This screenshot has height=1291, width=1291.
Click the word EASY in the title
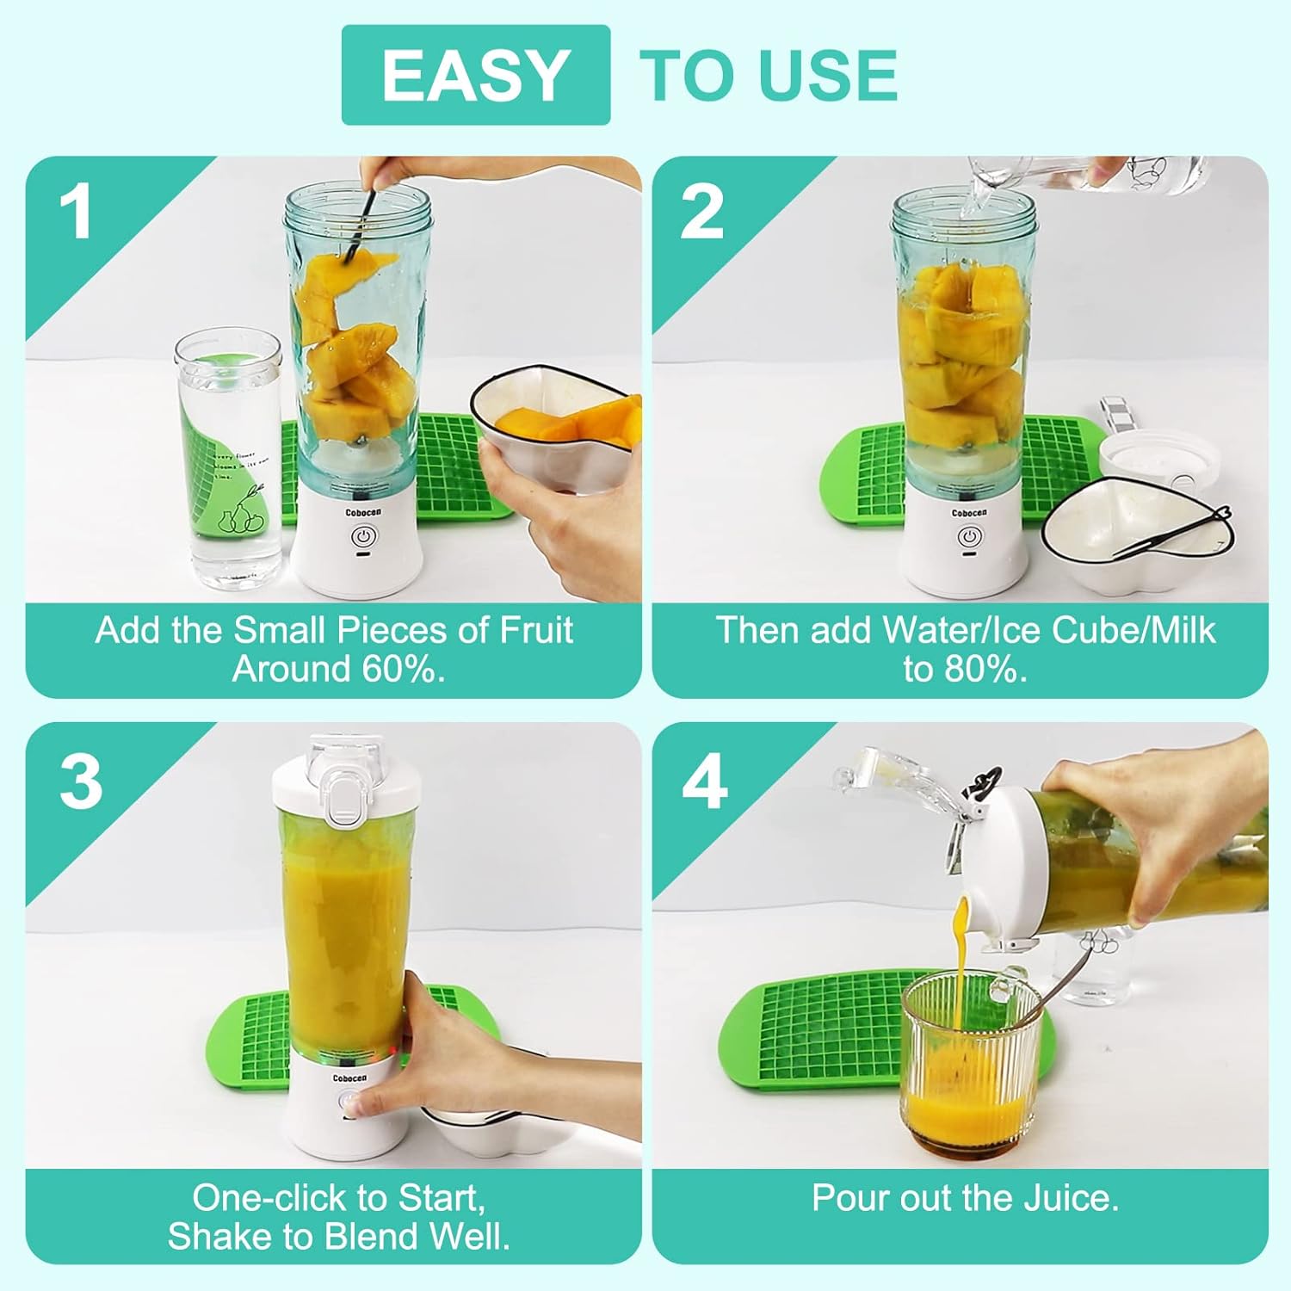point(475,76)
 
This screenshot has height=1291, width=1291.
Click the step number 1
point(77,212)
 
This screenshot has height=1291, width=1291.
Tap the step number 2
point(701,212)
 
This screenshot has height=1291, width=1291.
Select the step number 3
point(81,782)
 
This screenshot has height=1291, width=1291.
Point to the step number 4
point(705,784)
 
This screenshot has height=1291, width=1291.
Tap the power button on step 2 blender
point(969,537)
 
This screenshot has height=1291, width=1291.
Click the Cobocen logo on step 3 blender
point(349,1078)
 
